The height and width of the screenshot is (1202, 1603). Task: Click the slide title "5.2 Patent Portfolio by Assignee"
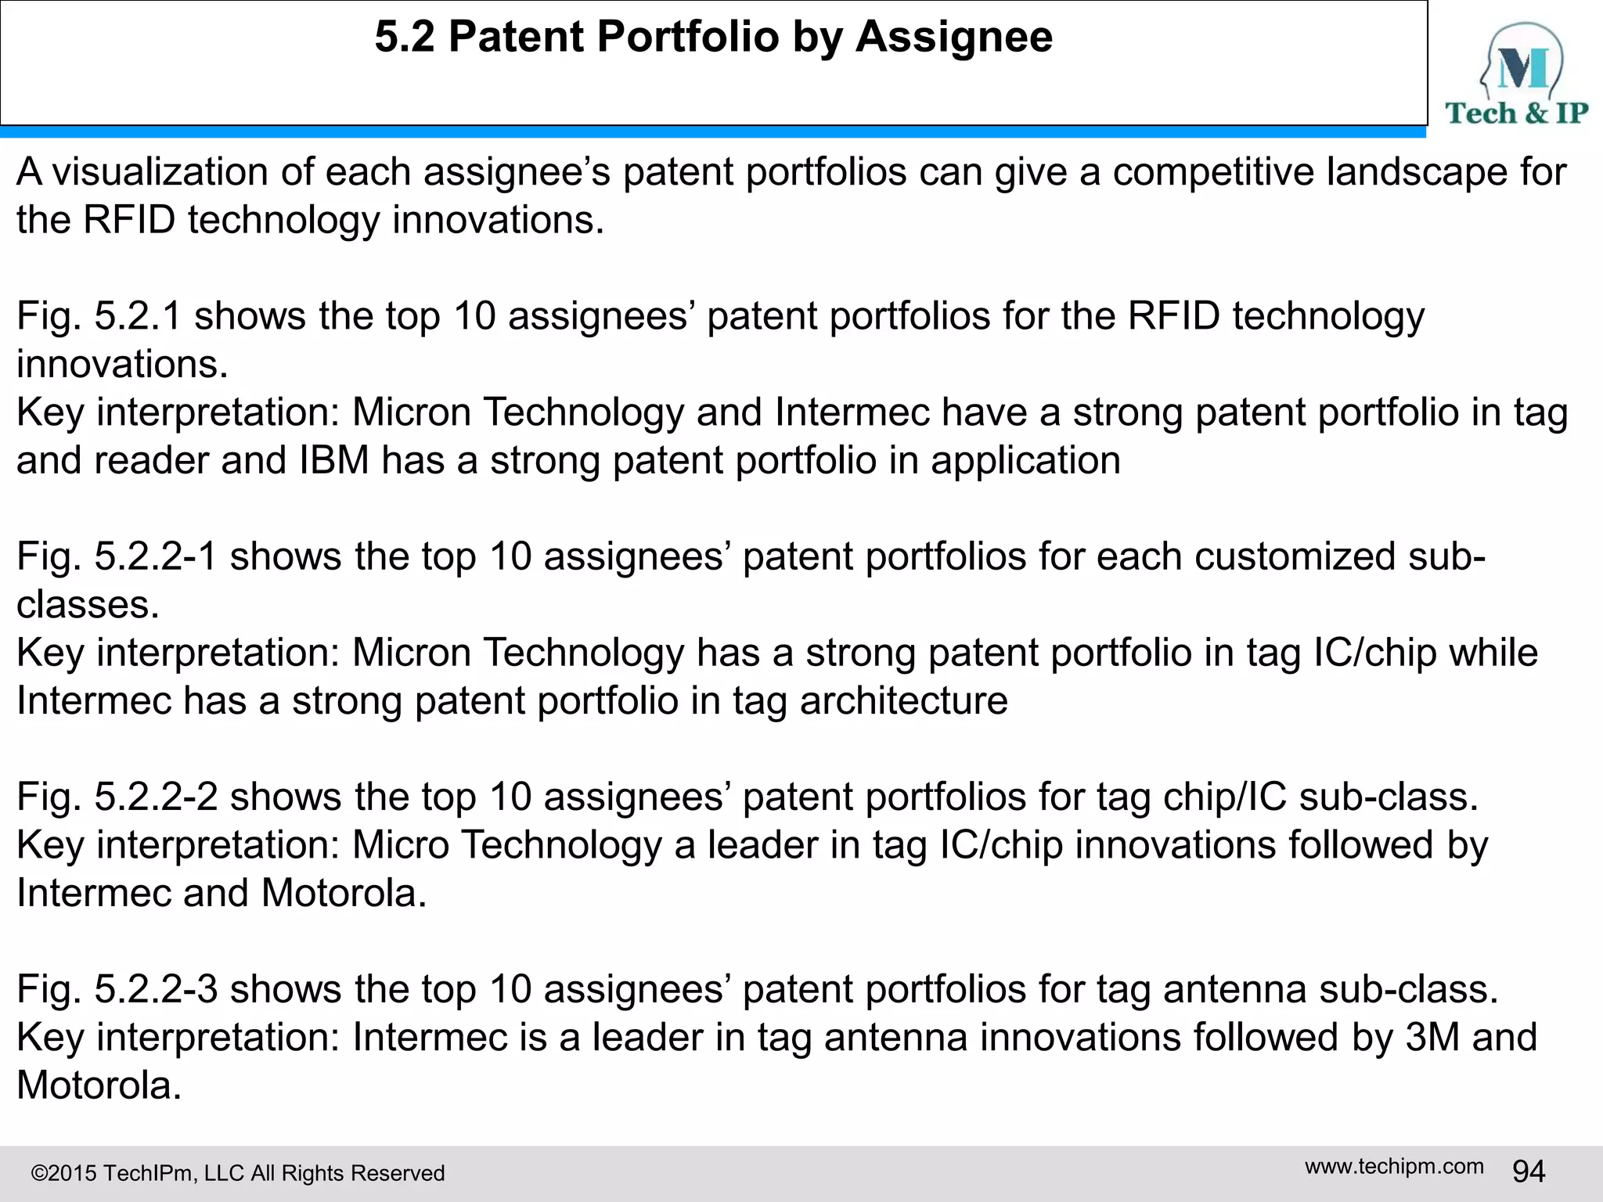click(x=713, y=37)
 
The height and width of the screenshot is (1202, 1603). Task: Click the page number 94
click(x=1529, y=1171)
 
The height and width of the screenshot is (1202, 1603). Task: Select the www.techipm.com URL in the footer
click(x=1394, y=1166)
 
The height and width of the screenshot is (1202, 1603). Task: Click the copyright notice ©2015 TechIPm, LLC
click(x=237, y=1173)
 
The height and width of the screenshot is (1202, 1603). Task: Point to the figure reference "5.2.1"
click(x=138, y=316)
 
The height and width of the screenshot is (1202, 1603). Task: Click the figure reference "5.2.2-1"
click(x=156, y=556)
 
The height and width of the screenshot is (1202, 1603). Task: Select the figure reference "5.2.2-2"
click(x=156, y=797)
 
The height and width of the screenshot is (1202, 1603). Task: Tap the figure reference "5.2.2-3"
click(x=156, y=989)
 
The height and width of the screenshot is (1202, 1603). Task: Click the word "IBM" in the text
click(x=334, y=460)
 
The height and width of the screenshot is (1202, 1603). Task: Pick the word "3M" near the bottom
click(x=1432, y=1037)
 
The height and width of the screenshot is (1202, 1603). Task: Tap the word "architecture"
click(x=903, y=700)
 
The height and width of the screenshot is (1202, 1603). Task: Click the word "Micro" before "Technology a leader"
click(x=400, y=845)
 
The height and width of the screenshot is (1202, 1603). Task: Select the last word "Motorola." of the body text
click(x=99, y=1085)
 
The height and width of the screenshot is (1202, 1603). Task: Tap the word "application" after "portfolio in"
click(x=1025, y=460)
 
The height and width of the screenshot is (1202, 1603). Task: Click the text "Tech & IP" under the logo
click(x=1516, y=113)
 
